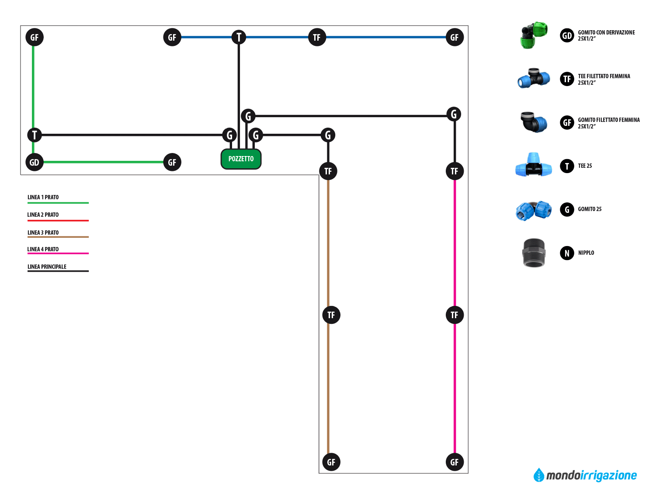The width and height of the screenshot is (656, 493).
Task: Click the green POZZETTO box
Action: point(241,159)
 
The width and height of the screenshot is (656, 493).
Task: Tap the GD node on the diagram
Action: point(35,163)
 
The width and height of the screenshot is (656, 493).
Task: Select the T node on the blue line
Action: point(239,37)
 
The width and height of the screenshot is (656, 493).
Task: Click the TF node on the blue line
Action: point(317,37)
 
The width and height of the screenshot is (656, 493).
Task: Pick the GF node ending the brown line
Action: point(331,462)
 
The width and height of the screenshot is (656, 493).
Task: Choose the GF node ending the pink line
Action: point(455,462)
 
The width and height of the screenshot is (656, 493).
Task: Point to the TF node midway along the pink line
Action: point(455,315)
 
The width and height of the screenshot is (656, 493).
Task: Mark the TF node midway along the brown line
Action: point(331,315)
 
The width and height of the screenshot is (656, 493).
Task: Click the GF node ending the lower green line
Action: point(172,163)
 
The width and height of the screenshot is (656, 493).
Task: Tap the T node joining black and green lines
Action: point(35,135)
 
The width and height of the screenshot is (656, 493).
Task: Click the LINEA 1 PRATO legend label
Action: point(43,197)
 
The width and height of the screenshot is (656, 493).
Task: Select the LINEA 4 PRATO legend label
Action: point(43,249)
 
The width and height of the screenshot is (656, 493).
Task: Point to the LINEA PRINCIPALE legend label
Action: point(47,267)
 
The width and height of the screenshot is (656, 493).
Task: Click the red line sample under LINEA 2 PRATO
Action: point(58,220)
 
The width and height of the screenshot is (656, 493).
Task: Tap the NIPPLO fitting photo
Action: point(534,253)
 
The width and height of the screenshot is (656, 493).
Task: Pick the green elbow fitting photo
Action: point(534,35)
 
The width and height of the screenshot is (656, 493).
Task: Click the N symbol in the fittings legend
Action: point(567,253)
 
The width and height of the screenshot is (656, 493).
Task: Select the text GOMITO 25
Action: point(590,209)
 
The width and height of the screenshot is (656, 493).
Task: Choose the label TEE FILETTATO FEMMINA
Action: point(604,76)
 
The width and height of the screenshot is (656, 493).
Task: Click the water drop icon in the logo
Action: point(539,475)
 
